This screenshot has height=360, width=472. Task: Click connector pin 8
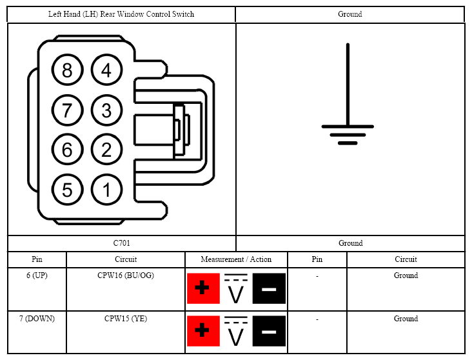coord(67,70)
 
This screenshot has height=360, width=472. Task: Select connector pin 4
coord(106,70)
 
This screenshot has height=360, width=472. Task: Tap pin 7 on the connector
coord(67,110)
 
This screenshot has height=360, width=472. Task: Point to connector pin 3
coord(106,110)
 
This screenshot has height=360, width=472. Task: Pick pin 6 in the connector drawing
coord(67,150)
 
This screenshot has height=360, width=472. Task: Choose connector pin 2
coord(106,150)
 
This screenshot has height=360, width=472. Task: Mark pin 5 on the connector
coord(67,190)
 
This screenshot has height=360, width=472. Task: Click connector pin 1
coord(106,190)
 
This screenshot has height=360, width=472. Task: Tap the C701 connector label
coord(122,243)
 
